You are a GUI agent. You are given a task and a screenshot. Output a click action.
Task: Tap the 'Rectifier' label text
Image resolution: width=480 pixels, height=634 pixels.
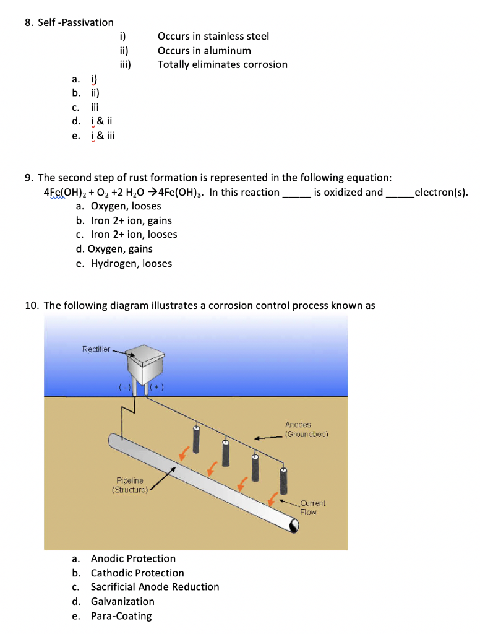click(x=96, y=349)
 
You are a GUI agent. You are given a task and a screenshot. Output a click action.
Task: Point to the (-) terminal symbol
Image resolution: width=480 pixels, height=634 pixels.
click(x=124, y=388)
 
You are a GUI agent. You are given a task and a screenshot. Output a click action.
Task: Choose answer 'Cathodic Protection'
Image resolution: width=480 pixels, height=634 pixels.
click(x=137, y=573)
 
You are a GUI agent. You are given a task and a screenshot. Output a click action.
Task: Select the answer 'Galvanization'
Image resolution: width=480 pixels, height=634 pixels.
click(x=122, y=601)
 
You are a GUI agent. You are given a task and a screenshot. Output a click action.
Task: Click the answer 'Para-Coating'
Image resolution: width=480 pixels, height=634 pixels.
click(x=121, y=615)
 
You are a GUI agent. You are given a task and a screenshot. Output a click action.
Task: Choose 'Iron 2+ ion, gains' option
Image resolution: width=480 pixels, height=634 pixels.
click(x=131, y=220)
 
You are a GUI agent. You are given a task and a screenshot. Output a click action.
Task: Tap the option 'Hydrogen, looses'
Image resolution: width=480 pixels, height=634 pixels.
click(x=131, y=263)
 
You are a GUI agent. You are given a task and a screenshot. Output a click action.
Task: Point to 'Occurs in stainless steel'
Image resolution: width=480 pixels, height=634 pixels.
click(x=213, y=37)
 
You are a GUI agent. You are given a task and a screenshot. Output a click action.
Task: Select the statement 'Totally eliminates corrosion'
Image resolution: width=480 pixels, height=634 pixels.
click(x=222, y=64)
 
